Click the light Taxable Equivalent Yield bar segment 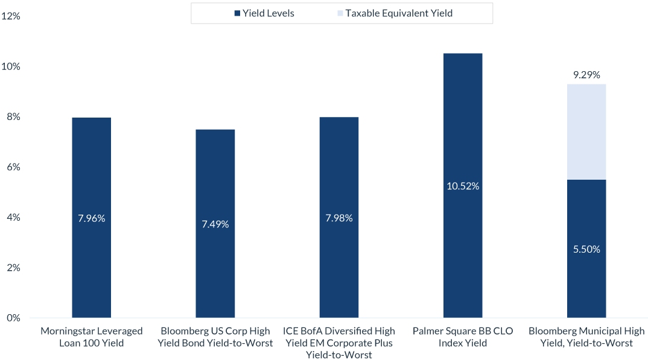point(586,131)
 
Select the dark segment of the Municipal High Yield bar point(586,283)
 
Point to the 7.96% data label point(91,218)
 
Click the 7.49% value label point(215,224)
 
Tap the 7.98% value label point(339,218)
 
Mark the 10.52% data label point(463,186)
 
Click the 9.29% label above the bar point(586,75)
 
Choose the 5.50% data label point(586,249)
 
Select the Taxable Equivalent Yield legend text point(398,13)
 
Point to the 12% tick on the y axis point(11,16)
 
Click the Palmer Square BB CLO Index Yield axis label point(463,337)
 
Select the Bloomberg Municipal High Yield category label point(586,337)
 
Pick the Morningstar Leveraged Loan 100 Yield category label point(91,337)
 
